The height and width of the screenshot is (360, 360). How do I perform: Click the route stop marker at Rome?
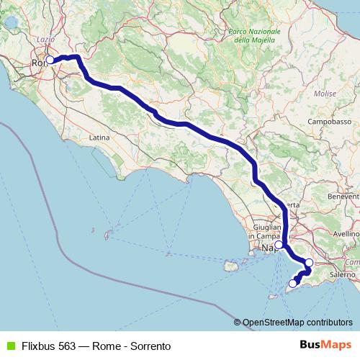pyautogui.click(x=50, y=60)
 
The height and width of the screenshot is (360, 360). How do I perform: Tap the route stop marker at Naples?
pyautogui.click(x=279, y=245)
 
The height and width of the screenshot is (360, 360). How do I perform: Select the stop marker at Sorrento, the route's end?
pyautogui.click(x=292, y=284)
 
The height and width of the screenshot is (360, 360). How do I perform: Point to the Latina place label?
pyautogui.click(x=99, y=137)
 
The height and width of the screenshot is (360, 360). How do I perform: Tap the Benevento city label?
pyautogui.click(x=343, y=196)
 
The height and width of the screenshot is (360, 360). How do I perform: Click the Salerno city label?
pyautogui.click(x=343, y=274)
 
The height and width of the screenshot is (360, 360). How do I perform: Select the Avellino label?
pyautogui.click(x=346, y=234)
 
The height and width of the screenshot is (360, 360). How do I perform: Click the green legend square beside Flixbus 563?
pyautogui.click(x=9, y=346)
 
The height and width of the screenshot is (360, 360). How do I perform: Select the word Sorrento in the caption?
pyautogui.click(x=140, y=346)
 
